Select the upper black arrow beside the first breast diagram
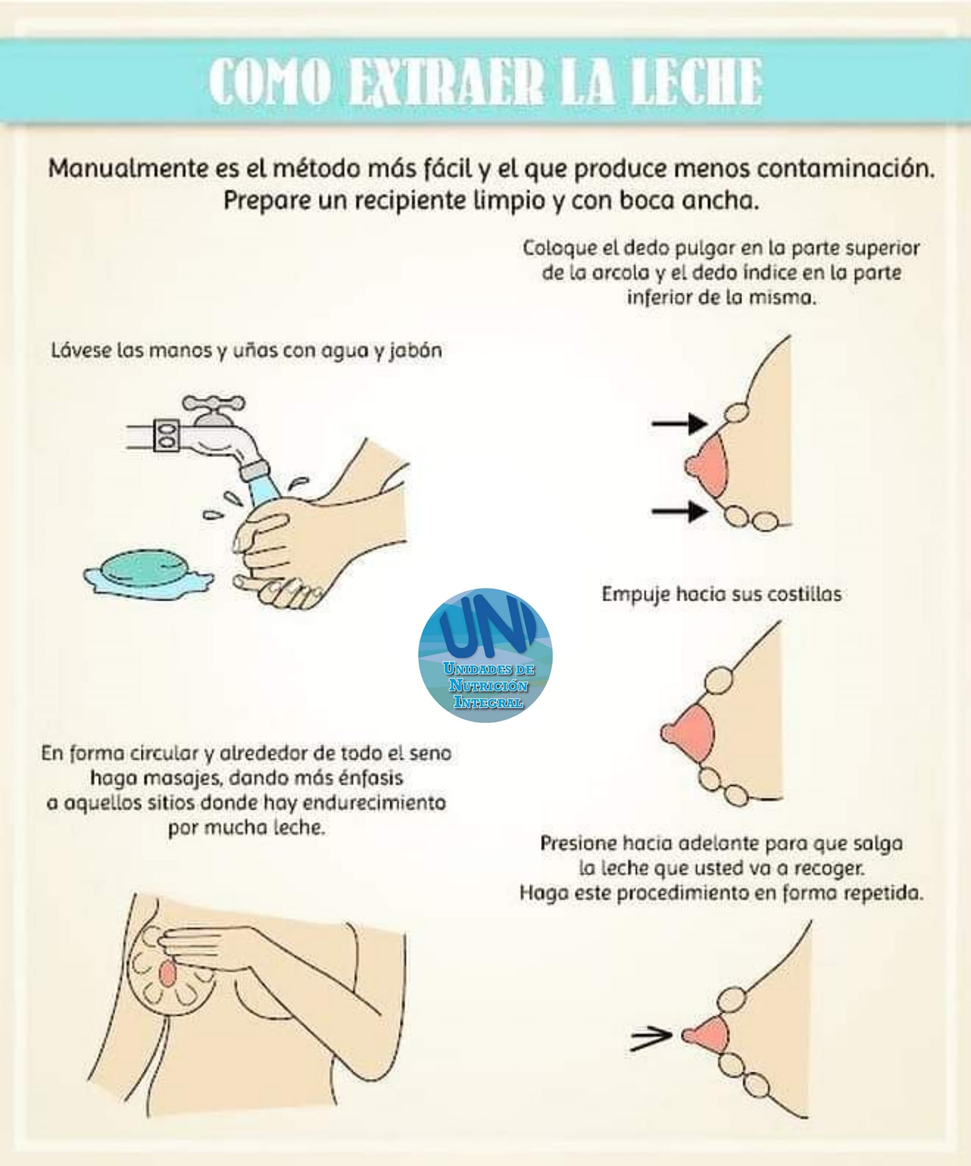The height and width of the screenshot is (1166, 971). coord(680,425)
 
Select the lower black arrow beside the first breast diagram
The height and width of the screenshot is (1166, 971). coord(680,511)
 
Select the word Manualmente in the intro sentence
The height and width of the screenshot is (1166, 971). coord(128,169)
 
